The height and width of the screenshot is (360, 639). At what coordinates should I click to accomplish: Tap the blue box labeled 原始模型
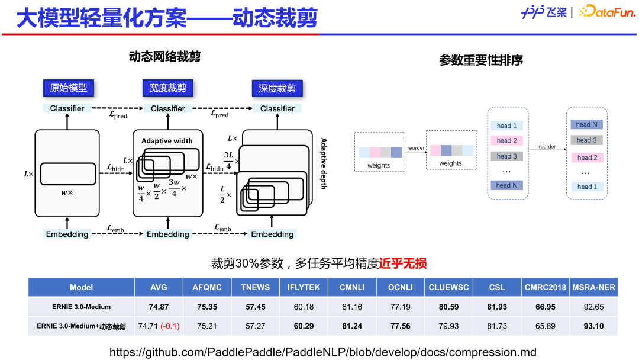point(68,88)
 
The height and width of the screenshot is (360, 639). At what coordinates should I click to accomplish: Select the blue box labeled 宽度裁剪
point(167,88)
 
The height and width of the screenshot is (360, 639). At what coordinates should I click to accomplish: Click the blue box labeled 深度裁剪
point(277,89)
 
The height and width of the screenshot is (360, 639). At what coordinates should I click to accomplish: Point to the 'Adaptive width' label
point(167,141)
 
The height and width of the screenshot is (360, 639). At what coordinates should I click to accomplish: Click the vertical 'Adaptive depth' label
point(323,163)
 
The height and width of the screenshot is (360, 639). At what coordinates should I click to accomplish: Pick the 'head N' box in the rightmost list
point(586,124)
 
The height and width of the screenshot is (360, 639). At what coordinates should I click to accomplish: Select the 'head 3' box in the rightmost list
point(586,140)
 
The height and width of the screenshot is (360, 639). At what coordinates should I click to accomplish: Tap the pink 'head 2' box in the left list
point(506,141)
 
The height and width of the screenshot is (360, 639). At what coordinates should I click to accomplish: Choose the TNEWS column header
point(255,287)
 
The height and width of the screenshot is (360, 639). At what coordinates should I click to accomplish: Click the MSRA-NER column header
point(593,287)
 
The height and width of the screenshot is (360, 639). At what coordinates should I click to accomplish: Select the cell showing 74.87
point(159,307)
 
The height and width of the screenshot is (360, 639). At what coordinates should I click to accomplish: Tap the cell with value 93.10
point(593,326)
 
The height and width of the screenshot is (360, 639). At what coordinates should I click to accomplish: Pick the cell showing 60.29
point(304,326)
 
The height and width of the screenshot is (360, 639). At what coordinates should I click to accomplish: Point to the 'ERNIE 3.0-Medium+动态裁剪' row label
point(82,326)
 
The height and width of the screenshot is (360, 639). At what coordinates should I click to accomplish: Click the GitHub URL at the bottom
point(322,352)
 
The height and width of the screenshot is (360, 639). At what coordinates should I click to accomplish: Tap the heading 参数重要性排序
point(481,60)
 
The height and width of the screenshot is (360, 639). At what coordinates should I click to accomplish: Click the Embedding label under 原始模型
point(67,234)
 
